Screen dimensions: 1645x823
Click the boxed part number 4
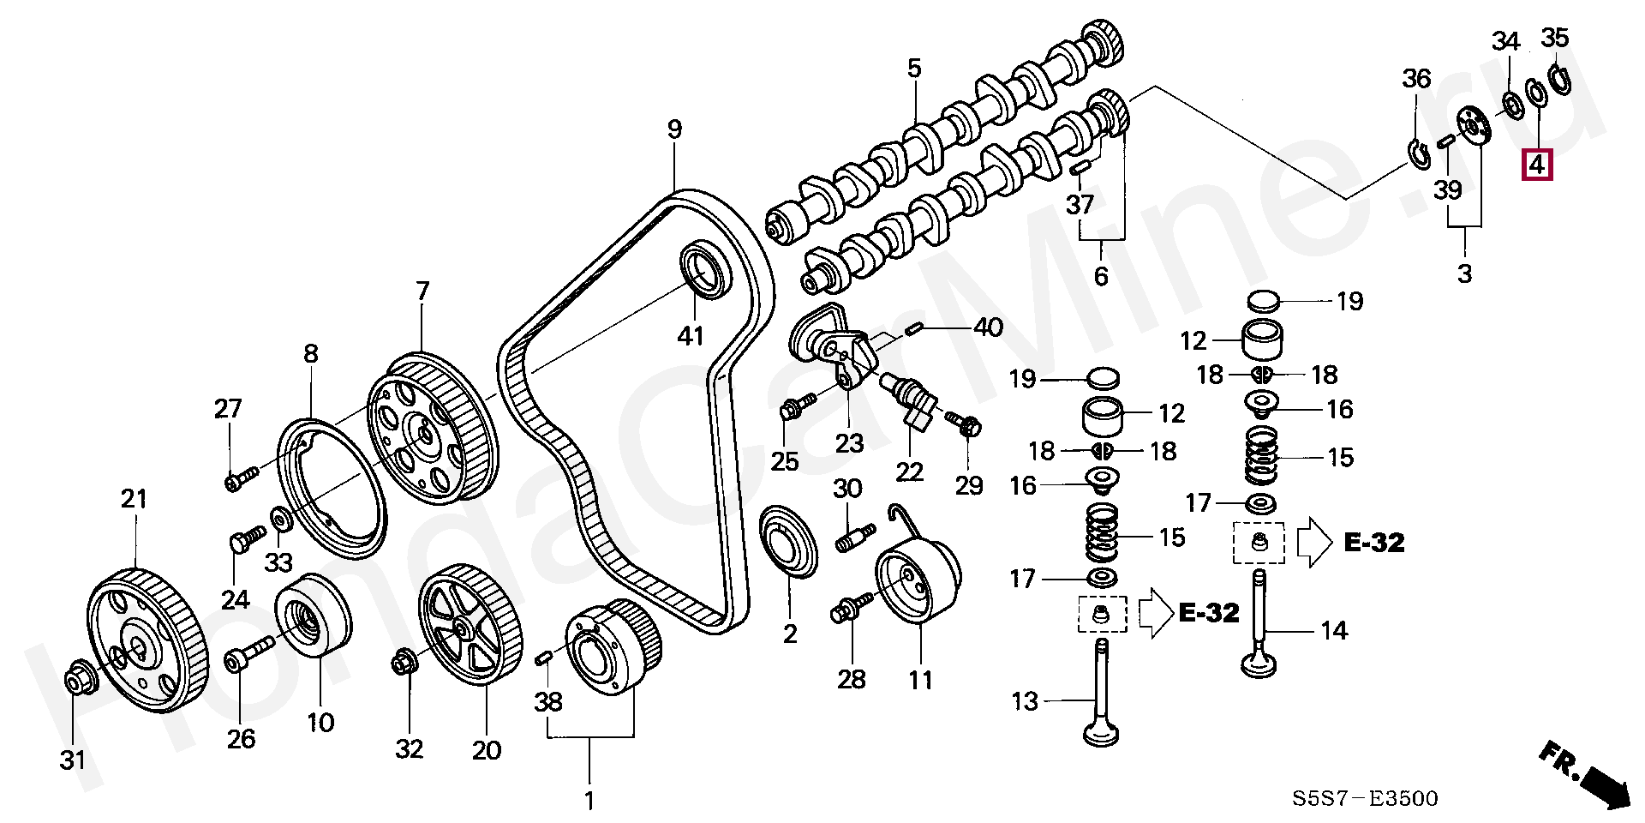point(1537,164)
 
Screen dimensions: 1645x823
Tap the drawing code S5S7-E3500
point(1365,799)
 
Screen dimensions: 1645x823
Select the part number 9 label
point(675,129)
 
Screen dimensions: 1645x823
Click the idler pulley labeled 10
point(313,616)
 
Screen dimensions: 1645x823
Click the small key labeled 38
point(543,658)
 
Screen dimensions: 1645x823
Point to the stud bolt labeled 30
point(854,539)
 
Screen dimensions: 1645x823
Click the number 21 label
point(134,499)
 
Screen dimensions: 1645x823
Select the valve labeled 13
point(1102,693)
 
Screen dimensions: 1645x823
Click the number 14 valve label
point(1334,631)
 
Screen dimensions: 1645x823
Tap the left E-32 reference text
point(1209,612)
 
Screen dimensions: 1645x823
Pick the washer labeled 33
point(279,519)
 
